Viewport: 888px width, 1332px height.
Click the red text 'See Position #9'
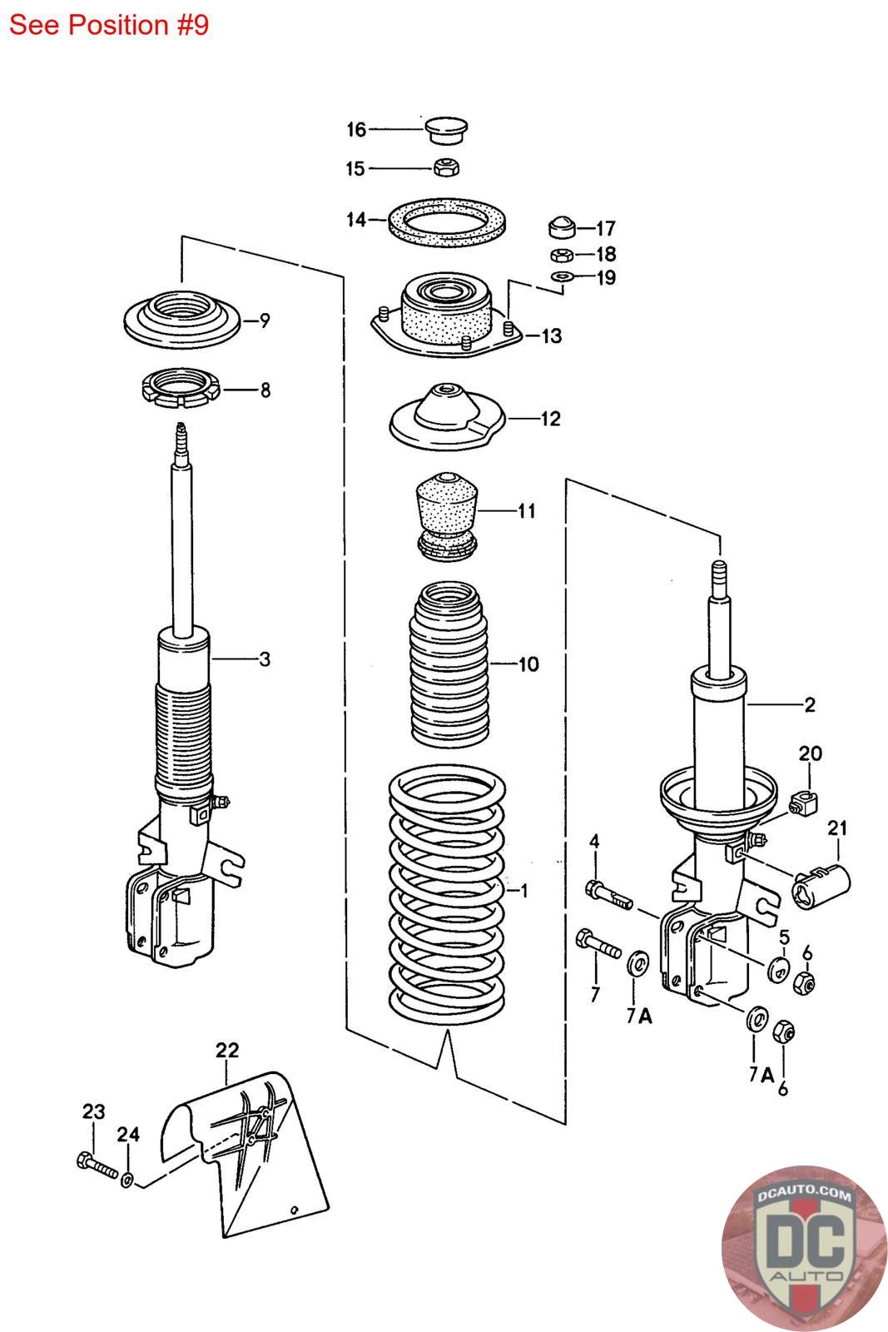click(x=108, y=25)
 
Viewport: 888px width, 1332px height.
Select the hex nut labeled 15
click(x=446, y=167)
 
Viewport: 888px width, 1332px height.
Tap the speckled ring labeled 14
click(x=449, y=221)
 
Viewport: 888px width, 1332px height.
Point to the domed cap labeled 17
click(x=562, y=226)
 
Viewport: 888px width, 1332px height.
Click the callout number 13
click(x=552, y=336)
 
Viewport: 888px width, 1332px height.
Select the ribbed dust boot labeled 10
click(x=449, y=666)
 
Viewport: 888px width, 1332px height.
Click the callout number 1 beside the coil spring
click(x=524, y=891)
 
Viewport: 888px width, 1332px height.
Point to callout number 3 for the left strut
click(x=265, y=659)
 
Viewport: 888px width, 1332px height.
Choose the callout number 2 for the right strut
click(x=809, y=705)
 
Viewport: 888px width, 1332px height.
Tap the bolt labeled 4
click(x=609, y=894)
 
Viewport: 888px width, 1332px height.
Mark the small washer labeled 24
click(x=127, y=1180)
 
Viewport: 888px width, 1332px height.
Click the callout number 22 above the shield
click(x=227, y=1050)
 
